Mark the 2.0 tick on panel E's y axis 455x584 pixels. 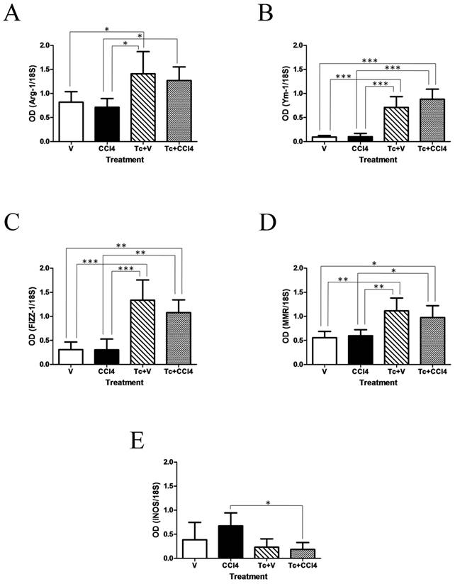pyautogui.click(x=167, y=462)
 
